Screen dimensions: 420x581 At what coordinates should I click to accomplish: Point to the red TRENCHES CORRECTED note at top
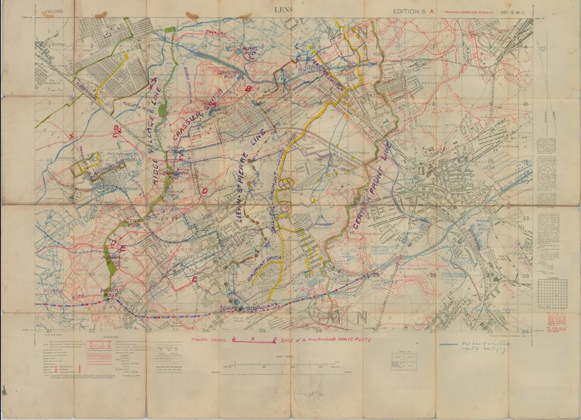[x=471, y=11]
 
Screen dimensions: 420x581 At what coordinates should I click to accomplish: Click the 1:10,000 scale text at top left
[x=53, y=12]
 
